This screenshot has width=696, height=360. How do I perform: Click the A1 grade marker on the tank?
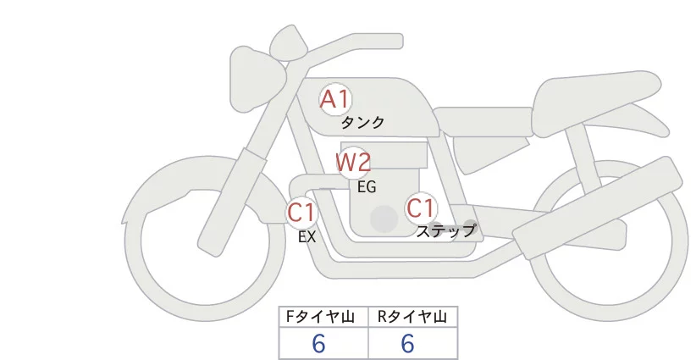(334, 99)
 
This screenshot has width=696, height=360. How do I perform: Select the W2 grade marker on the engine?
(353, 162)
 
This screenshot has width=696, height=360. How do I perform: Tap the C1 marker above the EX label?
(301, 211)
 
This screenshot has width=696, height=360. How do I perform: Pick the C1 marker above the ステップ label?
(421, 208)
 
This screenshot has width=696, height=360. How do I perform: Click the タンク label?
(363, 122)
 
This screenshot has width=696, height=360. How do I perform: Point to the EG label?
(367, 187)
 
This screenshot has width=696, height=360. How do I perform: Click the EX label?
(307, 237)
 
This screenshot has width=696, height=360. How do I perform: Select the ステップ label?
(446, 230)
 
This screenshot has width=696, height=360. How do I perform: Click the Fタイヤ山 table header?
(323, 317)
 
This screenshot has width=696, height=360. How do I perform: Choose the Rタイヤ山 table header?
(412, 317)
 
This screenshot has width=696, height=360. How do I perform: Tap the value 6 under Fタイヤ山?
(318, 343)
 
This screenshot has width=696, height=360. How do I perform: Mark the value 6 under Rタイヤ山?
(407, 343)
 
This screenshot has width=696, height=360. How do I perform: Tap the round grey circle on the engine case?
(384, 219)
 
